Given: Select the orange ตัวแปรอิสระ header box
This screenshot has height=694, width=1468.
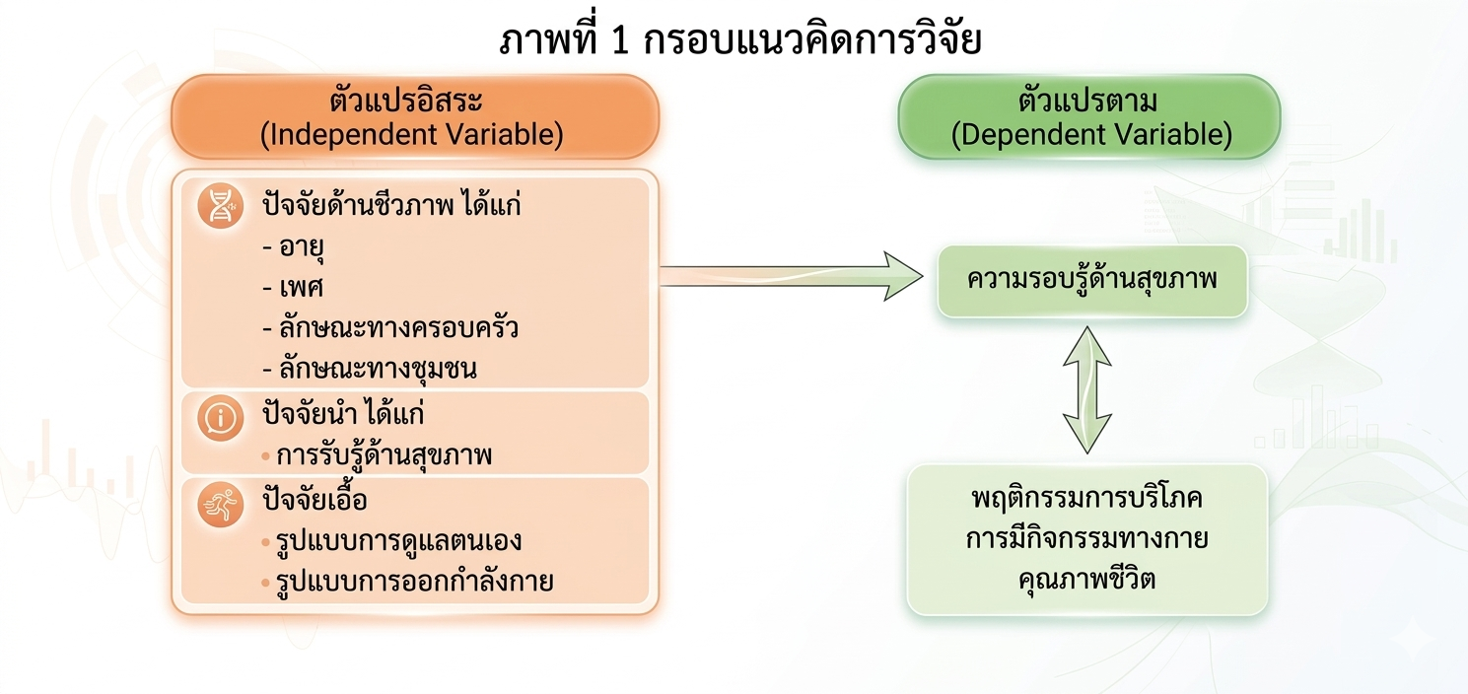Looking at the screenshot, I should tap(414, 116).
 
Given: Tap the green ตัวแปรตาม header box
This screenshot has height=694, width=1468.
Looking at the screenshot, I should tap(1088, 116).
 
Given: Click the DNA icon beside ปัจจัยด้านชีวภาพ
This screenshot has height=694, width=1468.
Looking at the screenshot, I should tap(220, 207).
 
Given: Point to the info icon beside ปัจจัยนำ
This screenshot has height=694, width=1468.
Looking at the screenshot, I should tap(220, 420).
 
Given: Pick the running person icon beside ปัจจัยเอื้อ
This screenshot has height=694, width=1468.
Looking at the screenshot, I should tap(220, 506).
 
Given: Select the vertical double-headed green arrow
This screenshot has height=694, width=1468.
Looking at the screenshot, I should tap(1087, 389).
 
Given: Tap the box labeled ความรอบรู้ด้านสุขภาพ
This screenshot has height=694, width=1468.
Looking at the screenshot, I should tap(1091, 281).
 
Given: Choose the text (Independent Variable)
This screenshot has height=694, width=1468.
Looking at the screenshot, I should tap(412, 135).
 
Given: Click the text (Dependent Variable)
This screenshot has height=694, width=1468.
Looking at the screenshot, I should tap(1091, 135).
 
